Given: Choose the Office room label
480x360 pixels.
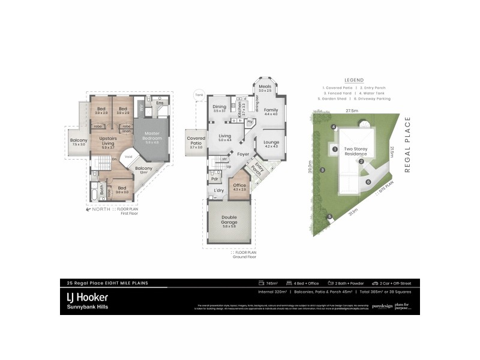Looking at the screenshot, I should (x=240, y=186).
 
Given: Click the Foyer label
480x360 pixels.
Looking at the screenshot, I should (x=242, y=154).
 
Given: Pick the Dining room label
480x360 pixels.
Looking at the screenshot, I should (x=219, y=107).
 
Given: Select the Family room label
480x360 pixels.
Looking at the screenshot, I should (x=271, y=111).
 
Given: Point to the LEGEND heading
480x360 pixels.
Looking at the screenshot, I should (x=355, y=79).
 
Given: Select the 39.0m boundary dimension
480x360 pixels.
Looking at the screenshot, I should (x=310, y=169).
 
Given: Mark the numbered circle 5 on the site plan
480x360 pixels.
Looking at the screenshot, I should (x=329, y=217).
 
